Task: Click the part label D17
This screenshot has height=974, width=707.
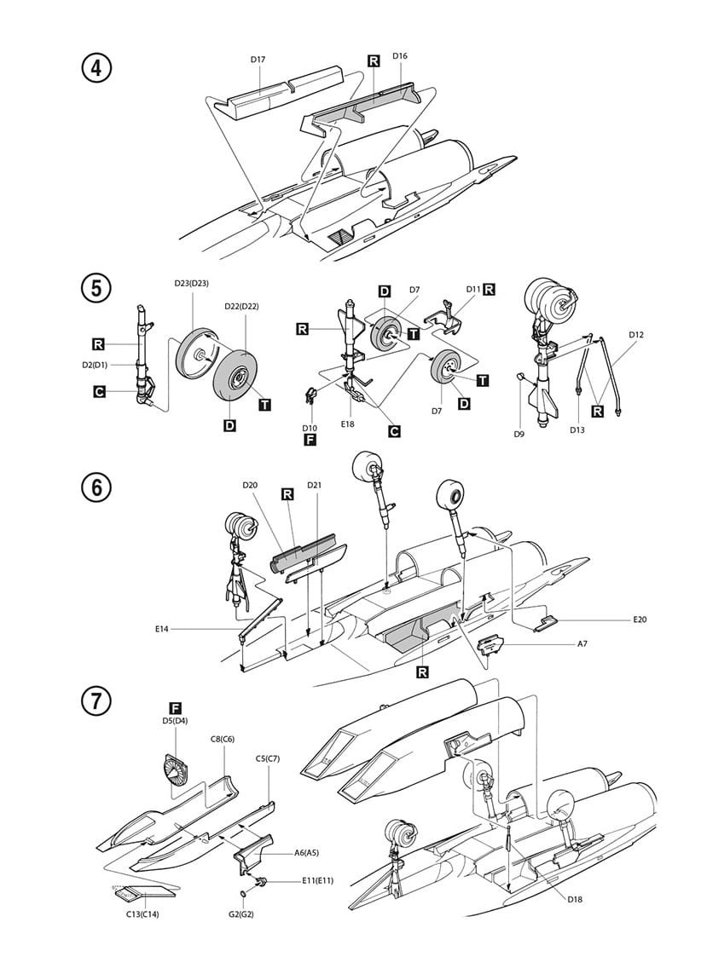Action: coord(258,59)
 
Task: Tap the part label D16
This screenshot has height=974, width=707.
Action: coord(400,56)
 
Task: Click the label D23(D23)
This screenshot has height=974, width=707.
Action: coord(192,283)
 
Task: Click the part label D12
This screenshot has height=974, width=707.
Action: coord(635,335)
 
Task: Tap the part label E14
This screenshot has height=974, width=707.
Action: coord(163,628)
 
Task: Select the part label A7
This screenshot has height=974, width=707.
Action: coord(582,644)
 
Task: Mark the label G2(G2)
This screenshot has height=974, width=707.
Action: coord(243,915)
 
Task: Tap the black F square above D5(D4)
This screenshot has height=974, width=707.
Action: coord(175,708)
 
